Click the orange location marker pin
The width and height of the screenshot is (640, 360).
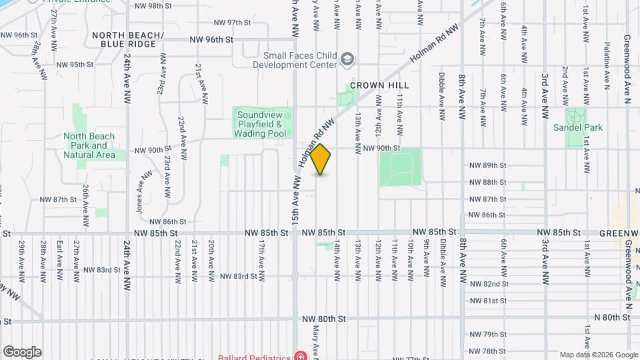pyautogui.click(x=321, y=159)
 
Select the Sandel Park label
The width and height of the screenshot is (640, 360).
pyautogui.click(x=582, y=127)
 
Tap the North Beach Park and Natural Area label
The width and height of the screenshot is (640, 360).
pyautogui.click(x=89, y=145)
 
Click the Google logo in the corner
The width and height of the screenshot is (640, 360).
pyautogui.click(x=22, y=352)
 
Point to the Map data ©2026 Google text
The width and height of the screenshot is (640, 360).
pyautogui.click(x=598, y=355)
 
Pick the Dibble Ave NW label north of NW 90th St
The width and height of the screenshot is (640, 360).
pyautogui.click(x=441, y=96)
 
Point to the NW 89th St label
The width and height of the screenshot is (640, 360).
pyautogui.click(x=488, y=165)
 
